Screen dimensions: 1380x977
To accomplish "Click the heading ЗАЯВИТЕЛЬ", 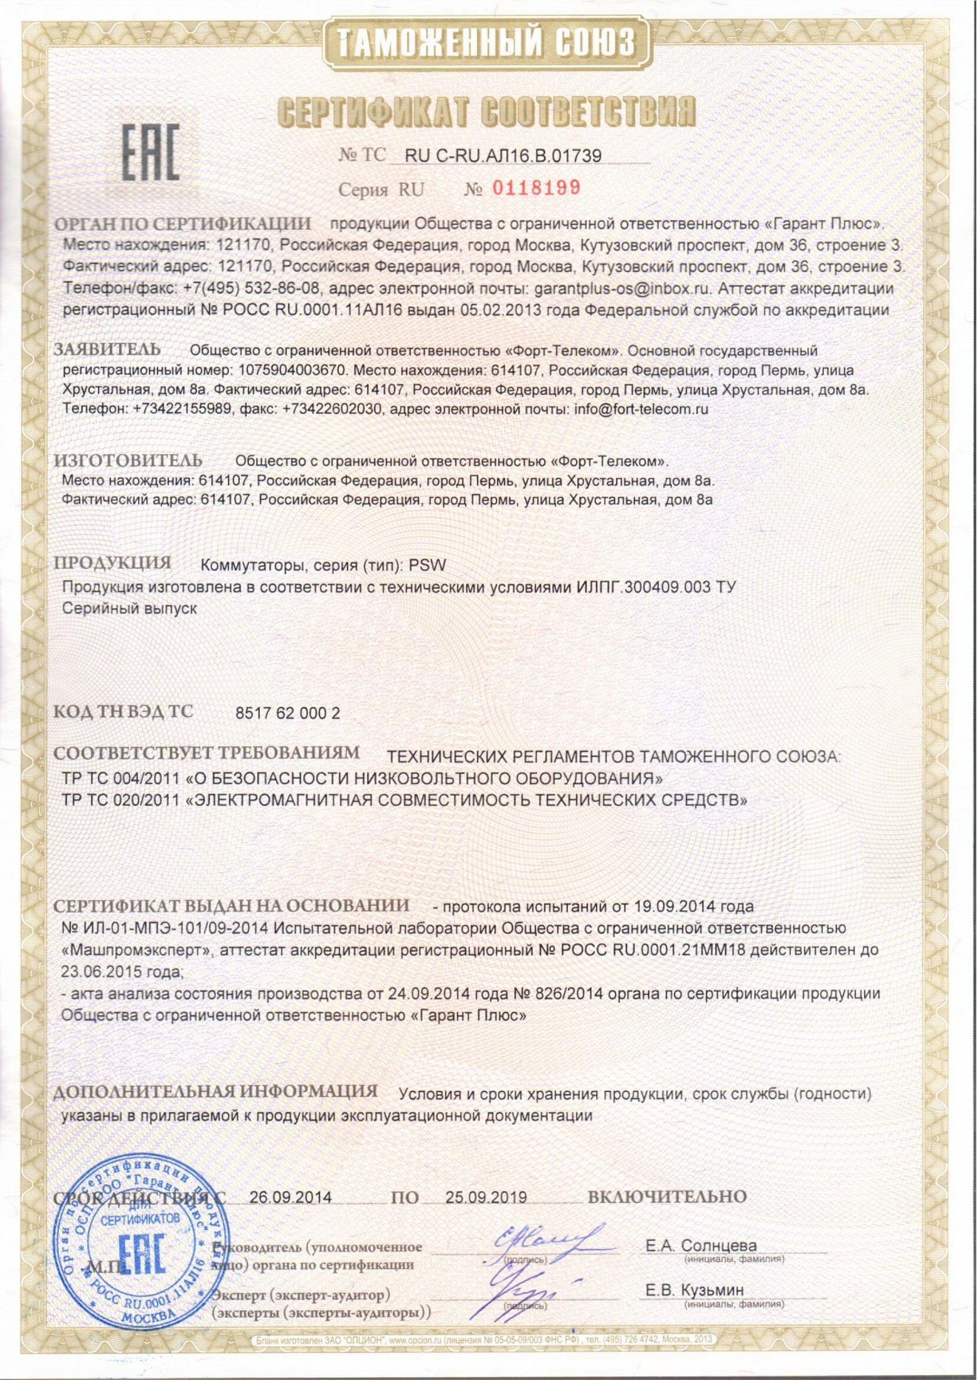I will tap(107, 349).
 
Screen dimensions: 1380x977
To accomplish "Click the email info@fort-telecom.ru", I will tap(638, 410).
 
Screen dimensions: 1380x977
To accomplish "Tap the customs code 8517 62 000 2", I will tap(287, 713).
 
